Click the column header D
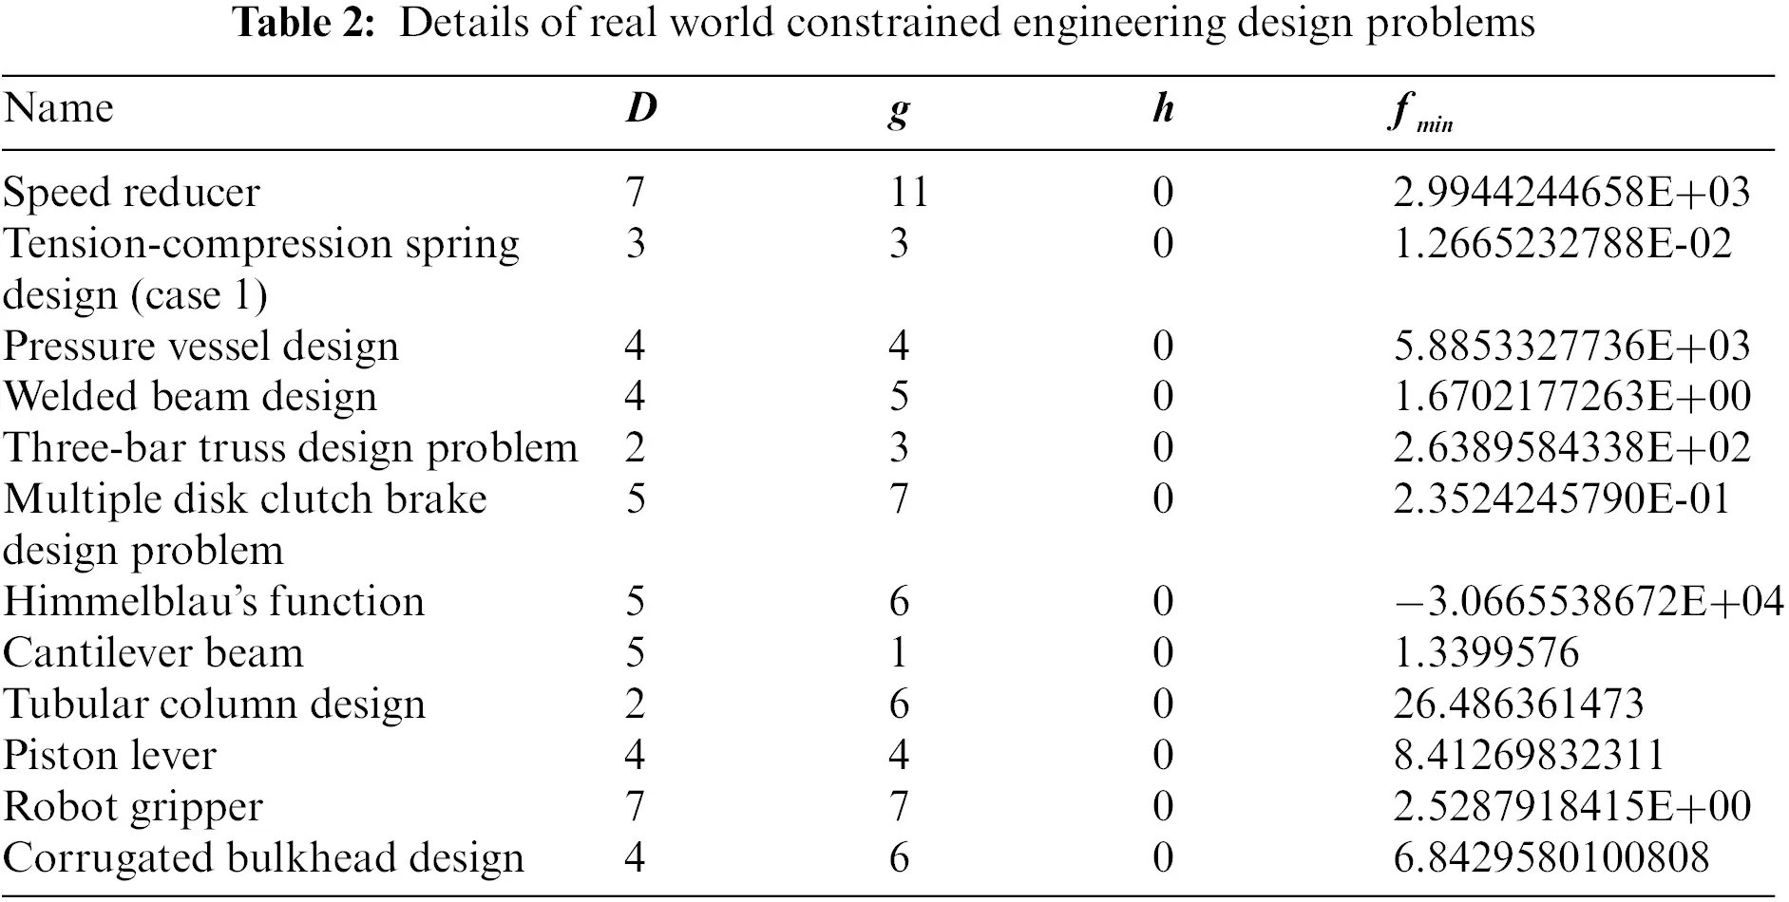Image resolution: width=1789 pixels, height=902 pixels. click(x=641, y=108)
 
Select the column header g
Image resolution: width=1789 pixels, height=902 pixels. click(x=899, y=110)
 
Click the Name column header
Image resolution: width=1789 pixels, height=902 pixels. click(x=59, y=108)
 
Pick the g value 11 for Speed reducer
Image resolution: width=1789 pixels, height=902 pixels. click(x=908, y=193)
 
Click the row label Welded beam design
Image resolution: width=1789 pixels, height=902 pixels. click(x=190, y=397)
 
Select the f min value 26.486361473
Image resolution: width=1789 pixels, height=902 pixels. click(x=1517, y=705)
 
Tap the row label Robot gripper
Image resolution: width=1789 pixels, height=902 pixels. click(x=133, y=807)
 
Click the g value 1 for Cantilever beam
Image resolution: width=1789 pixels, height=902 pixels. click(x=899, y=653)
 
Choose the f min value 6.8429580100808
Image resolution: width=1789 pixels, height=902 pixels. click(x=1551, y=858)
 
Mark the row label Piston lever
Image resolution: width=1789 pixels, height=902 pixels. click(x=110, y=756)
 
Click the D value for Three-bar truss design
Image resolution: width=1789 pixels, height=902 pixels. click(x=636, y=448)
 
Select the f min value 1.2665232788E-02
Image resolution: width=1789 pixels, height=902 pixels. click(x=1562, y=244)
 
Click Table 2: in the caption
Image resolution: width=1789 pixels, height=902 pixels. click(x=305, y=23)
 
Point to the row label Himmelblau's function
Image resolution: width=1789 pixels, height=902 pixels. click(x=214, y=602)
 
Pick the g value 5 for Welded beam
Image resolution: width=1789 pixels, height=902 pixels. click(x=899, y=397)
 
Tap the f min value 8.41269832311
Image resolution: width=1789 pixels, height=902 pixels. click(x=1528, y=756)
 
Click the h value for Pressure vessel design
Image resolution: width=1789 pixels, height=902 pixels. click(x=1163, y=346)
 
